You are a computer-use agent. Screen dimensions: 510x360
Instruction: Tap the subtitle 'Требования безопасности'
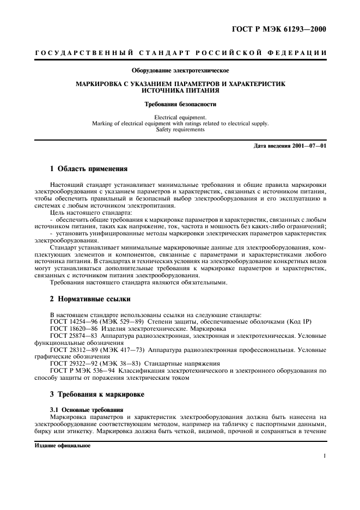[180, 104]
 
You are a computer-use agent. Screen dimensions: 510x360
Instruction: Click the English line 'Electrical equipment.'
[180, 117]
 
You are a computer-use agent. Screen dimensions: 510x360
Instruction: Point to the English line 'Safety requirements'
[180, 130]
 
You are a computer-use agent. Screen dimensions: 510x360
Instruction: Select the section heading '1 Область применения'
[89, 168]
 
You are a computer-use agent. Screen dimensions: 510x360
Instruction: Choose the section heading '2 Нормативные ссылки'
[90, 299]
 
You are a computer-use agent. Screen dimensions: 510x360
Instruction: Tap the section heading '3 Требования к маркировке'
[98, 393]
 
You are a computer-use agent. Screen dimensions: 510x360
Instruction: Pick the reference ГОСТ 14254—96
[73, 322]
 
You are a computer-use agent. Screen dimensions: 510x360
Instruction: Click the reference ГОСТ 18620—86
[73, 329]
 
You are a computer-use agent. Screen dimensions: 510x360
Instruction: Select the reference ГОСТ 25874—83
[73, 336]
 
